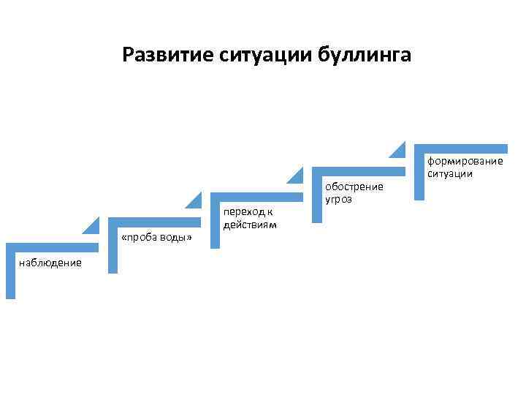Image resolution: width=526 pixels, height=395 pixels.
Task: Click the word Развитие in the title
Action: tap(167, 55)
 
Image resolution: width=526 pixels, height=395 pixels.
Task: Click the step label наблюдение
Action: tap(50, 263)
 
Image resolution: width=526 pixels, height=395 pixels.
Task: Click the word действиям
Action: tap(250, 225)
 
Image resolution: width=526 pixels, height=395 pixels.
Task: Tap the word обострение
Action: tap(354, 187)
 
